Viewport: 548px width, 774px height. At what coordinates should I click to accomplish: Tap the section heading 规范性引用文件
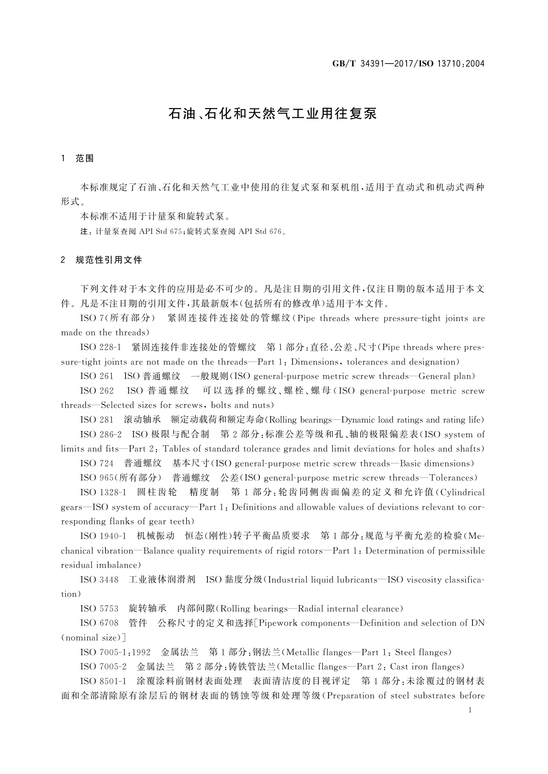coord(109,261)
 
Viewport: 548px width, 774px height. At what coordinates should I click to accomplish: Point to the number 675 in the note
coord(176,232)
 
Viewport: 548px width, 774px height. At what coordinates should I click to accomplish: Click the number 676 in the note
coord(273,232)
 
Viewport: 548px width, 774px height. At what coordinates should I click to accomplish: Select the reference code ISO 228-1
coord(100,347)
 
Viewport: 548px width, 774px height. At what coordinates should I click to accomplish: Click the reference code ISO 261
coord(96,376)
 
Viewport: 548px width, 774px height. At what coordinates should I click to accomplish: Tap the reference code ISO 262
coord(96,391)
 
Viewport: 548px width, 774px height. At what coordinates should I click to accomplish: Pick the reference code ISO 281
coord(96,420)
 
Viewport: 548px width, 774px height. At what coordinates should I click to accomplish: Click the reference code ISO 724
coord(96,464)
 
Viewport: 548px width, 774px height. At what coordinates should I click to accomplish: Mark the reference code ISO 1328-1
coord(103,493)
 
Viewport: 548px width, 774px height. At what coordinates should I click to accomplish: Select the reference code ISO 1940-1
coord(103,536)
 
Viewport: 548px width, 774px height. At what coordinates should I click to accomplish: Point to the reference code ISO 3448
coord(99,580)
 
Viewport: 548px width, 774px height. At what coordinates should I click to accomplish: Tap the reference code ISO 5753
coord(99,609)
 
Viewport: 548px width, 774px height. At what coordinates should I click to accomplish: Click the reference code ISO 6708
coord(99,623)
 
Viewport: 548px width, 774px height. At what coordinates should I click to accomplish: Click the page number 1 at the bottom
coord(470,711)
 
